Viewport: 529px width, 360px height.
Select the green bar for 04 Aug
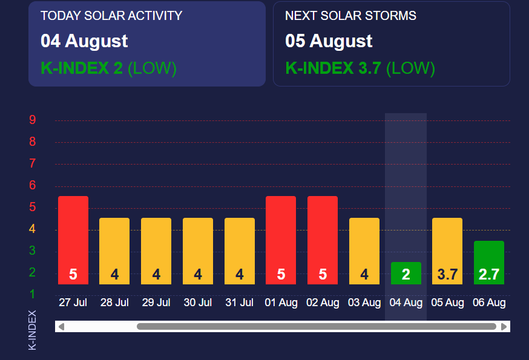pos(406,273)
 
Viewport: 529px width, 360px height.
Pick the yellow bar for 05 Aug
pos(447,250)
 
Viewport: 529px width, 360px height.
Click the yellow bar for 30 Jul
pos(198,250)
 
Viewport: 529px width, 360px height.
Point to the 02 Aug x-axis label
pos(323,303)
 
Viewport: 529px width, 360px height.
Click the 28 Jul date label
pos(114,303)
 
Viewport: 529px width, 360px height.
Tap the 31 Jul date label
pos(239,303)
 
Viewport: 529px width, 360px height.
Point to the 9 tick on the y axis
pos(33,120)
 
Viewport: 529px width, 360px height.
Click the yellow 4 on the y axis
pos(33,229)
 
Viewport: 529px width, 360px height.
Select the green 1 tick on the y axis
pos(33,294)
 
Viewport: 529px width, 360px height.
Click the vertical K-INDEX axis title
pos(33,330)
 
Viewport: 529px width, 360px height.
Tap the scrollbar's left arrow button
pos(61,327)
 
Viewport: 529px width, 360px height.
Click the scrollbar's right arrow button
pos(504,327)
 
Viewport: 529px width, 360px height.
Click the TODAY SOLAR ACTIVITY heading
pos(111,16)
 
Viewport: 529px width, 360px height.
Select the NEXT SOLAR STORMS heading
pos(350,16)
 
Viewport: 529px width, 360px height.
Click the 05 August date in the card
pos(329,41)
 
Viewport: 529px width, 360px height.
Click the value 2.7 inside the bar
pos(489,275)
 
